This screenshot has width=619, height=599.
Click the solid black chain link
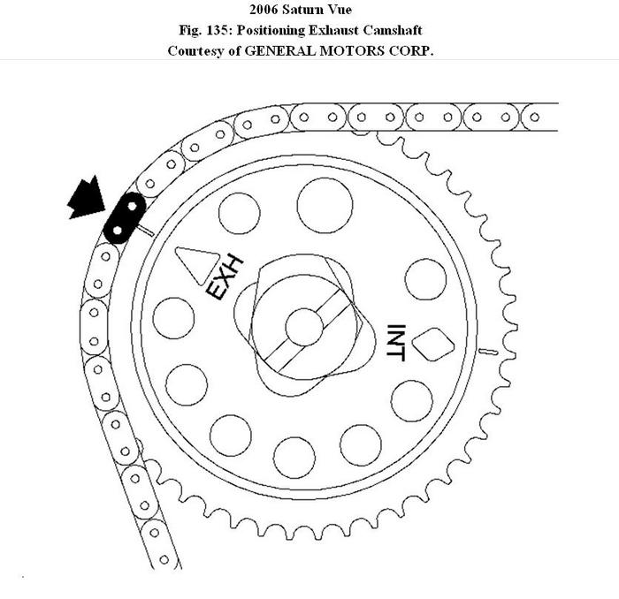pyautogui.click(x=125, y=218)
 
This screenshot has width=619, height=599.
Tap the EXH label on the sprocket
pyautogui.click(x=225, y=277)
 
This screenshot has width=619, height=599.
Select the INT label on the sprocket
pyautogui.click(x=396, y=343)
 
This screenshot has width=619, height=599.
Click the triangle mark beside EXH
pyautogui.click(x=197, y=264)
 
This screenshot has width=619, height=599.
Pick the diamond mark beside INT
pyautogui.click(x=433, y=345)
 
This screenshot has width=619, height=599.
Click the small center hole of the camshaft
pyautogui.click(x=304, y=327)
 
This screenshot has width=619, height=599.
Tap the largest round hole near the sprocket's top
pyautogui.click(x=325, y=206)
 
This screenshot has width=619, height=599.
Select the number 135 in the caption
pyautogui.click(x=214, y=30)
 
